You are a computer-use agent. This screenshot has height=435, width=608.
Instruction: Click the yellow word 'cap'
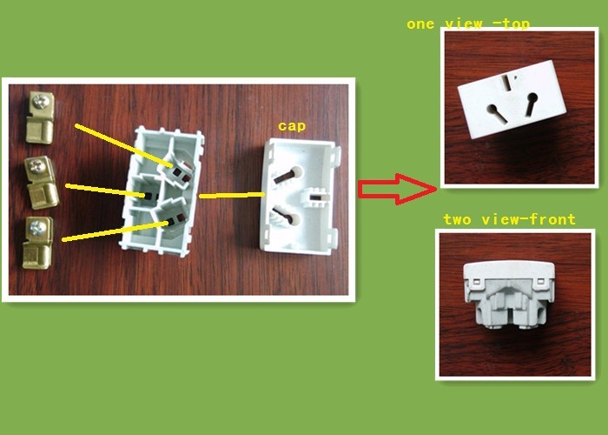coord(292,126)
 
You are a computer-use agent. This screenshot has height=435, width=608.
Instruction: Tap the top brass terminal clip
coord(40,117)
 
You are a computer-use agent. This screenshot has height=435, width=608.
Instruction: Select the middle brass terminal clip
coord(41,183)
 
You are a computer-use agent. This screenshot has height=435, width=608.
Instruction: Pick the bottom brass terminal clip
coord(37,243)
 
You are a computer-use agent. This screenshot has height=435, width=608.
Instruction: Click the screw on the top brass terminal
coord(41,102)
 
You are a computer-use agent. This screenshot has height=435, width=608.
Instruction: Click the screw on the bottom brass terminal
coord(37,228)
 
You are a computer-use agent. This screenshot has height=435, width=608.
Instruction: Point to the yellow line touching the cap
coord(232,195)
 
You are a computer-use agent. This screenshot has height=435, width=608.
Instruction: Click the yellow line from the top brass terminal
coord(123,145)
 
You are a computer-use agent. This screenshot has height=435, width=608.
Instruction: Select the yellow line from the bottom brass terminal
coord(116,232)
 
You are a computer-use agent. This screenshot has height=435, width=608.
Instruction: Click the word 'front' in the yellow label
coord(552,219)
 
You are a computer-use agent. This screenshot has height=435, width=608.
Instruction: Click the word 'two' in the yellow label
coord(458,220)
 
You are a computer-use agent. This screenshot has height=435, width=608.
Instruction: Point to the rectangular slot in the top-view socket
coord(506,83)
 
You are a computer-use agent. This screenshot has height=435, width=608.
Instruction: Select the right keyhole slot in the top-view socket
coord(532,103)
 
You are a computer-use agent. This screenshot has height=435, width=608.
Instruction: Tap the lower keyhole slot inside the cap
coord(287,217)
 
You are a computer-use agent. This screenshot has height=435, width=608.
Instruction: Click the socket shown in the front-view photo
coord(510,294)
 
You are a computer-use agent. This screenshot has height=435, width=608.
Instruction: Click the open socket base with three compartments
coord(162,191)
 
